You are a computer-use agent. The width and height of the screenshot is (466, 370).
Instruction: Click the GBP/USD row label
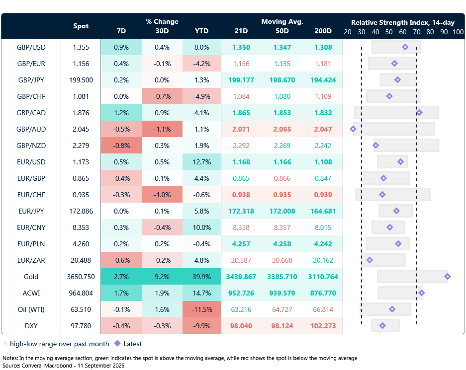click(x=31, y=48)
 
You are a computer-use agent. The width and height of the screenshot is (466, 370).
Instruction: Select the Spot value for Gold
click(x=81, y=277)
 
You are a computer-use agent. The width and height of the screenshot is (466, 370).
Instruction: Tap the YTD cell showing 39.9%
click(x=202, y=277)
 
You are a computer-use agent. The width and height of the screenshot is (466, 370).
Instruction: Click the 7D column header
click(x=121, y=31)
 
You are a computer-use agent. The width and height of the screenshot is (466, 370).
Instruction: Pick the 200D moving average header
click(x=323, y=31)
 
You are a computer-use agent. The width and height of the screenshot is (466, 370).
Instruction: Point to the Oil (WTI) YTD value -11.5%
click(x=202, y=310)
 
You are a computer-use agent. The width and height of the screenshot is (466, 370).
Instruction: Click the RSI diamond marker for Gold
click(x=448, y=277)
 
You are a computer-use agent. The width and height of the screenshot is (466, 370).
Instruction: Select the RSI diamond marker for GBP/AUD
click(x=353, y=129)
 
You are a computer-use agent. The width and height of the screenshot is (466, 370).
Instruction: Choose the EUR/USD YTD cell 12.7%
click(x=202, y=162)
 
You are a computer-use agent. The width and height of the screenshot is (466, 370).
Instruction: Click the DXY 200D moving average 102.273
click(x=323, y=326)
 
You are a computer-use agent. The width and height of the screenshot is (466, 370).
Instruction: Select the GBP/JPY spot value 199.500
click(x=81, y=80)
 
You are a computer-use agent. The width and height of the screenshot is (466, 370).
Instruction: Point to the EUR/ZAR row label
click(x=31, y=261)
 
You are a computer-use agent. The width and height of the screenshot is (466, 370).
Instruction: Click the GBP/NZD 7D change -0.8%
click(x=121, y=146)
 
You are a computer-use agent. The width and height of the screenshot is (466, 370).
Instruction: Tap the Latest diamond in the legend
click(x=117, y=343)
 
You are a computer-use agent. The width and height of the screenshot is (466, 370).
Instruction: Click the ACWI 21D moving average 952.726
click(x=241, y=294)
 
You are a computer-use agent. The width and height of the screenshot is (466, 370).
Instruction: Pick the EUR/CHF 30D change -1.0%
click(x=162, y=195)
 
